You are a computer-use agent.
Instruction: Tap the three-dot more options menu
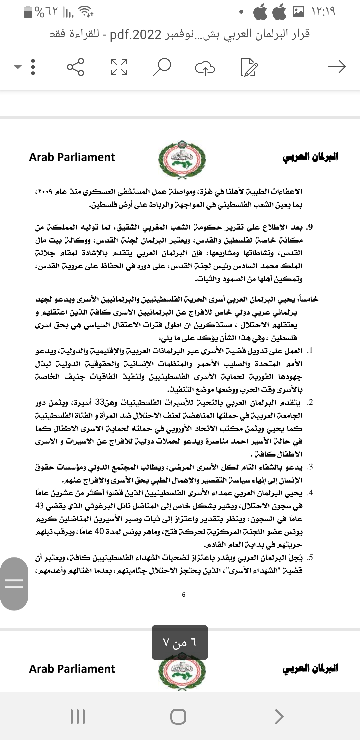point(33,67)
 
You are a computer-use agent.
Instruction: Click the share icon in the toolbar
point(76,67)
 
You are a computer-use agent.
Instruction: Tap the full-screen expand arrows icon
point(119,67)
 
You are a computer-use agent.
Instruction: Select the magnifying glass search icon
point(162,67)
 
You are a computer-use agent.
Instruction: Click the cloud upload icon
point(205,67)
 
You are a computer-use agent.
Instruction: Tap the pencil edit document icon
point(249,67)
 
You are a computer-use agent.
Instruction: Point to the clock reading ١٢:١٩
point(323,12)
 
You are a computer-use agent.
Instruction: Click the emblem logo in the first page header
point(181,158)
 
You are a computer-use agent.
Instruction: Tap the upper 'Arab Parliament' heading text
point(72,157)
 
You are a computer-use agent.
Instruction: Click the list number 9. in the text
point(310,227)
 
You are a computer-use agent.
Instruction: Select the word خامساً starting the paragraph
point(309,299)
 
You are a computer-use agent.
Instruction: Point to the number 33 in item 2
point(333,403)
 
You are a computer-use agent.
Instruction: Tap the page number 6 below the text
point(184,595)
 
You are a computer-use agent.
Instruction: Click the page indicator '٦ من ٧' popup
point(180,642)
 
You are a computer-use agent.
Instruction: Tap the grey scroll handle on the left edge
point(14,583)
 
